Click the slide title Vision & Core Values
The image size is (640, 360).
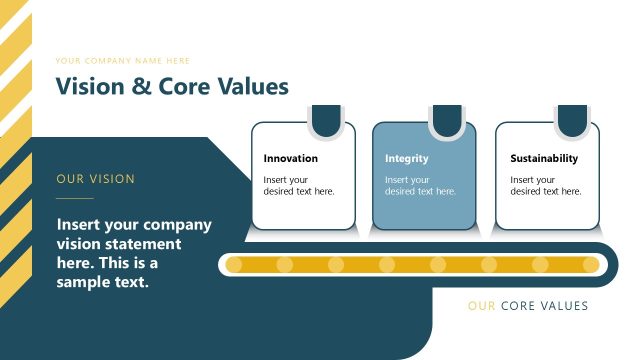(x=172, y=86)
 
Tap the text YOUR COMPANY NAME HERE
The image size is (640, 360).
(x=123, y=61)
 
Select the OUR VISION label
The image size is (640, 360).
(x=96, y=179)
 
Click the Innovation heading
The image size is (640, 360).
(x=290, y=158)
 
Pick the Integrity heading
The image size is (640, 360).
(x=407, y=158)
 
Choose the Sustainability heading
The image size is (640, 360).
(x=544, y=158)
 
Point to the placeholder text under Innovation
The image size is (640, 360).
(x=298, y=185)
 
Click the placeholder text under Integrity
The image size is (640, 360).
(x=420, y=185)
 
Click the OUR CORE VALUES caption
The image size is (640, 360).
(x=528, y=306)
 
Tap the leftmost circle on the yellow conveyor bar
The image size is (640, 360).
(x=234, y=265)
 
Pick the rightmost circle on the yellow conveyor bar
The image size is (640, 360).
(x=590, y=265)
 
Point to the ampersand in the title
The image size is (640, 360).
(x=142, y=87)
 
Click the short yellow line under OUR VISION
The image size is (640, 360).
(x=74, y=199)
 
